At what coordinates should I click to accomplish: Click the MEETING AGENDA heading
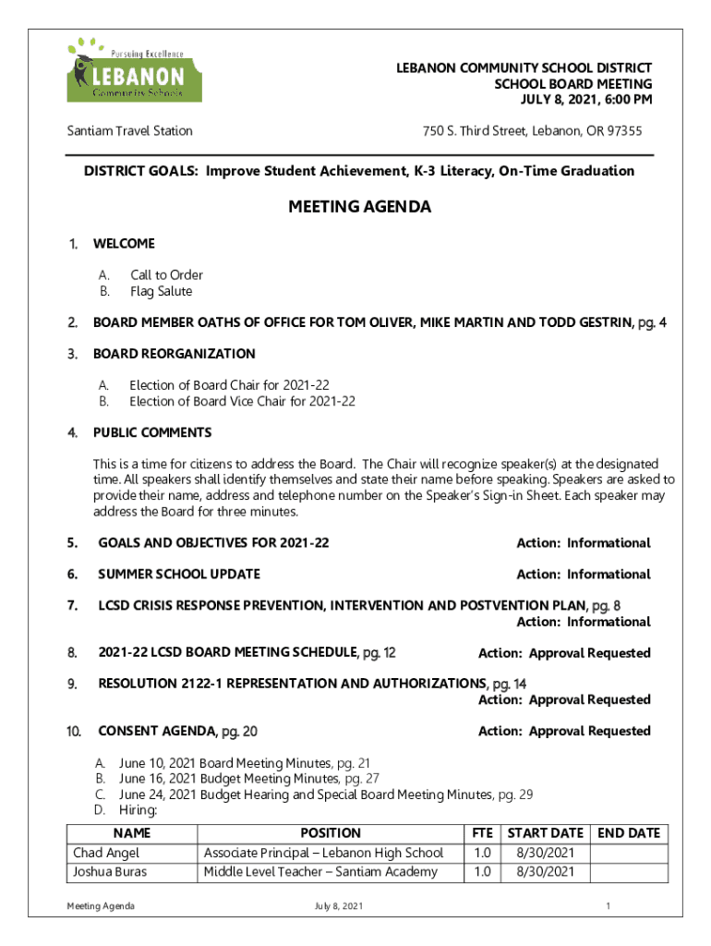coord(359,208)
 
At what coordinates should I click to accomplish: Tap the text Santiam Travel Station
coord(129,131)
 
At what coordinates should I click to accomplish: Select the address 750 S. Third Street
coord(532,131)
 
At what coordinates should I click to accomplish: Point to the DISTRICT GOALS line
coord(359,171)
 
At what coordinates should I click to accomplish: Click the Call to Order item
coord(166,275)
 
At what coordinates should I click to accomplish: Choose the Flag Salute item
coord(161,292)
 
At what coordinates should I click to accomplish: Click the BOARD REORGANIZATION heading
coord(175,354)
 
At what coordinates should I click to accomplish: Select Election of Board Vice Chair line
coord(242,402)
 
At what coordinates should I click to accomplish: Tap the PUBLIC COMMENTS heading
coord(152,433)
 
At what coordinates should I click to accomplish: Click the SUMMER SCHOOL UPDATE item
coord(179,575)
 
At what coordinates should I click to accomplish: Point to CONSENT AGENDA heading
coord(177,732)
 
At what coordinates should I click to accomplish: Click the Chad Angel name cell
coord(107,853)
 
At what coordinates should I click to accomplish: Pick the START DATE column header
coord(546,833)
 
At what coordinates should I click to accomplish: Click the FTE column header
coord(482,833)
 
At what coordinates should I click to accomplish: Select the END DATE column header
coord(629,833)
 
